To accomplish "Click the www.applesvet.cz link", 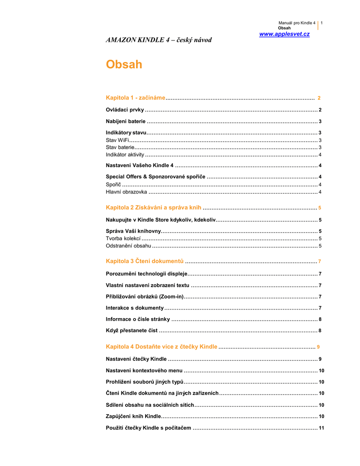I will [x=284, y=35].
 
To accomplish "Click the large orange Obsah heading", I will [x=124, y=65].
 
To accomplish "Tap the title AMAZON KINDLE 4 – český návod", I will [x=158, y=40].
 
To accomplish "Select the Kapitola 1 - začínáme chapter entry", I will [x=135, y=98].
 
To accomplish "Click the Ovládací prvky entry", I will [x=125, y=110].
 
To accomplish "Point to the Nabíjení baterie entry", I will [x=126, y=122].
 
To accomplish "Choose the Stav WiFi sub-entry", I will [x=115, y=140].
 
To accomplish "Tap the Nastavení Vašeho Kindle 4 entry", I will [x=140, y=165].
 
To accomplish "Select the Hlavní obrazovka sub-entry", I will [x=126, y=192].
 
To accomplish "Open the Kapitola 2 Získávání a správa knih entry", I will [x=153, y=208].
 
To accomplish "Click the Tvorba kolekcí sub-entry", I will [x=123, y=238].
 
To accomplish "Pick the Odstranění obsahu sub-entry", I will [x=128, y=246].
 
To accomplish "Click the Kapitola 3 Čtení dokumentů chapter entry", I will [x=145, y=261].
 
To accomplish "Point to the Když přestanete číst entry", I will [x=132, y=330].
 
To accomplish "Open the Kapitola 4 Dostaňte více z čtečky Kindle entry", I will [x=161, y=347].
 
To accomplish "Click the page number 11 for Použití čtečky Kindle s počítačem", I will [x=321, y=428].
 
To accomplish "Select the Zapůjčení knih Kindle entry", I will [x=133, y=416].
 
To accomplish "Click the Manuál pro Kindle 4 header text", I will [x=297, y=23].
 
